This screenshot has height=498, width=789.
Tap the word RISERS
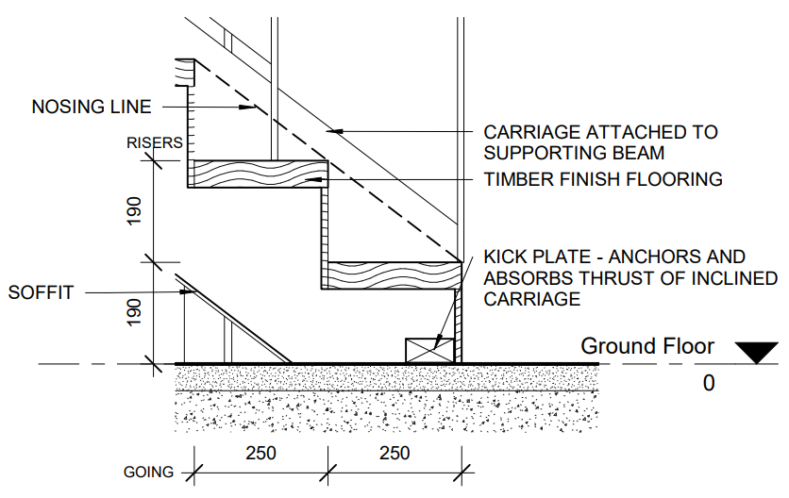tap(154, 143)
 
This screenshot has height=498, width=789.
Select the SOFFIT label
tap(41, 292)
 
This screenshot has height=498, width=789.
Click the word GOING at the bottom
tap(148, 473)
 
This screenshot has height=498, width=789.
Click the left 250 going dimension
tap(260, 453)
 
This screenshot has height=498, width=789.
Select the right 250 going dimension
tap(394, 453)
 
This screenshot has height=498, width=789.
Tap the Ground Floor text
tap(646, 346)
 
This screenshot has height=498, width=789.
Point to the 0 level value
tap(709, 383)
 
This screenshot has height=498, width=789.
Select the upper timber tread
tap(258, 174)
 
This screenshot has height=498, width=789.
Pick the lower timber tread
tap(392, 274)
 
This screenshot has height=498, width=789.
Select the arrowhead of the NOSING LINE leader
tap(250, 107)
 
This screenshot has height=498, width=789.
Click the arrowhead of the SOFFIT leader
tap(191, 292)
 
